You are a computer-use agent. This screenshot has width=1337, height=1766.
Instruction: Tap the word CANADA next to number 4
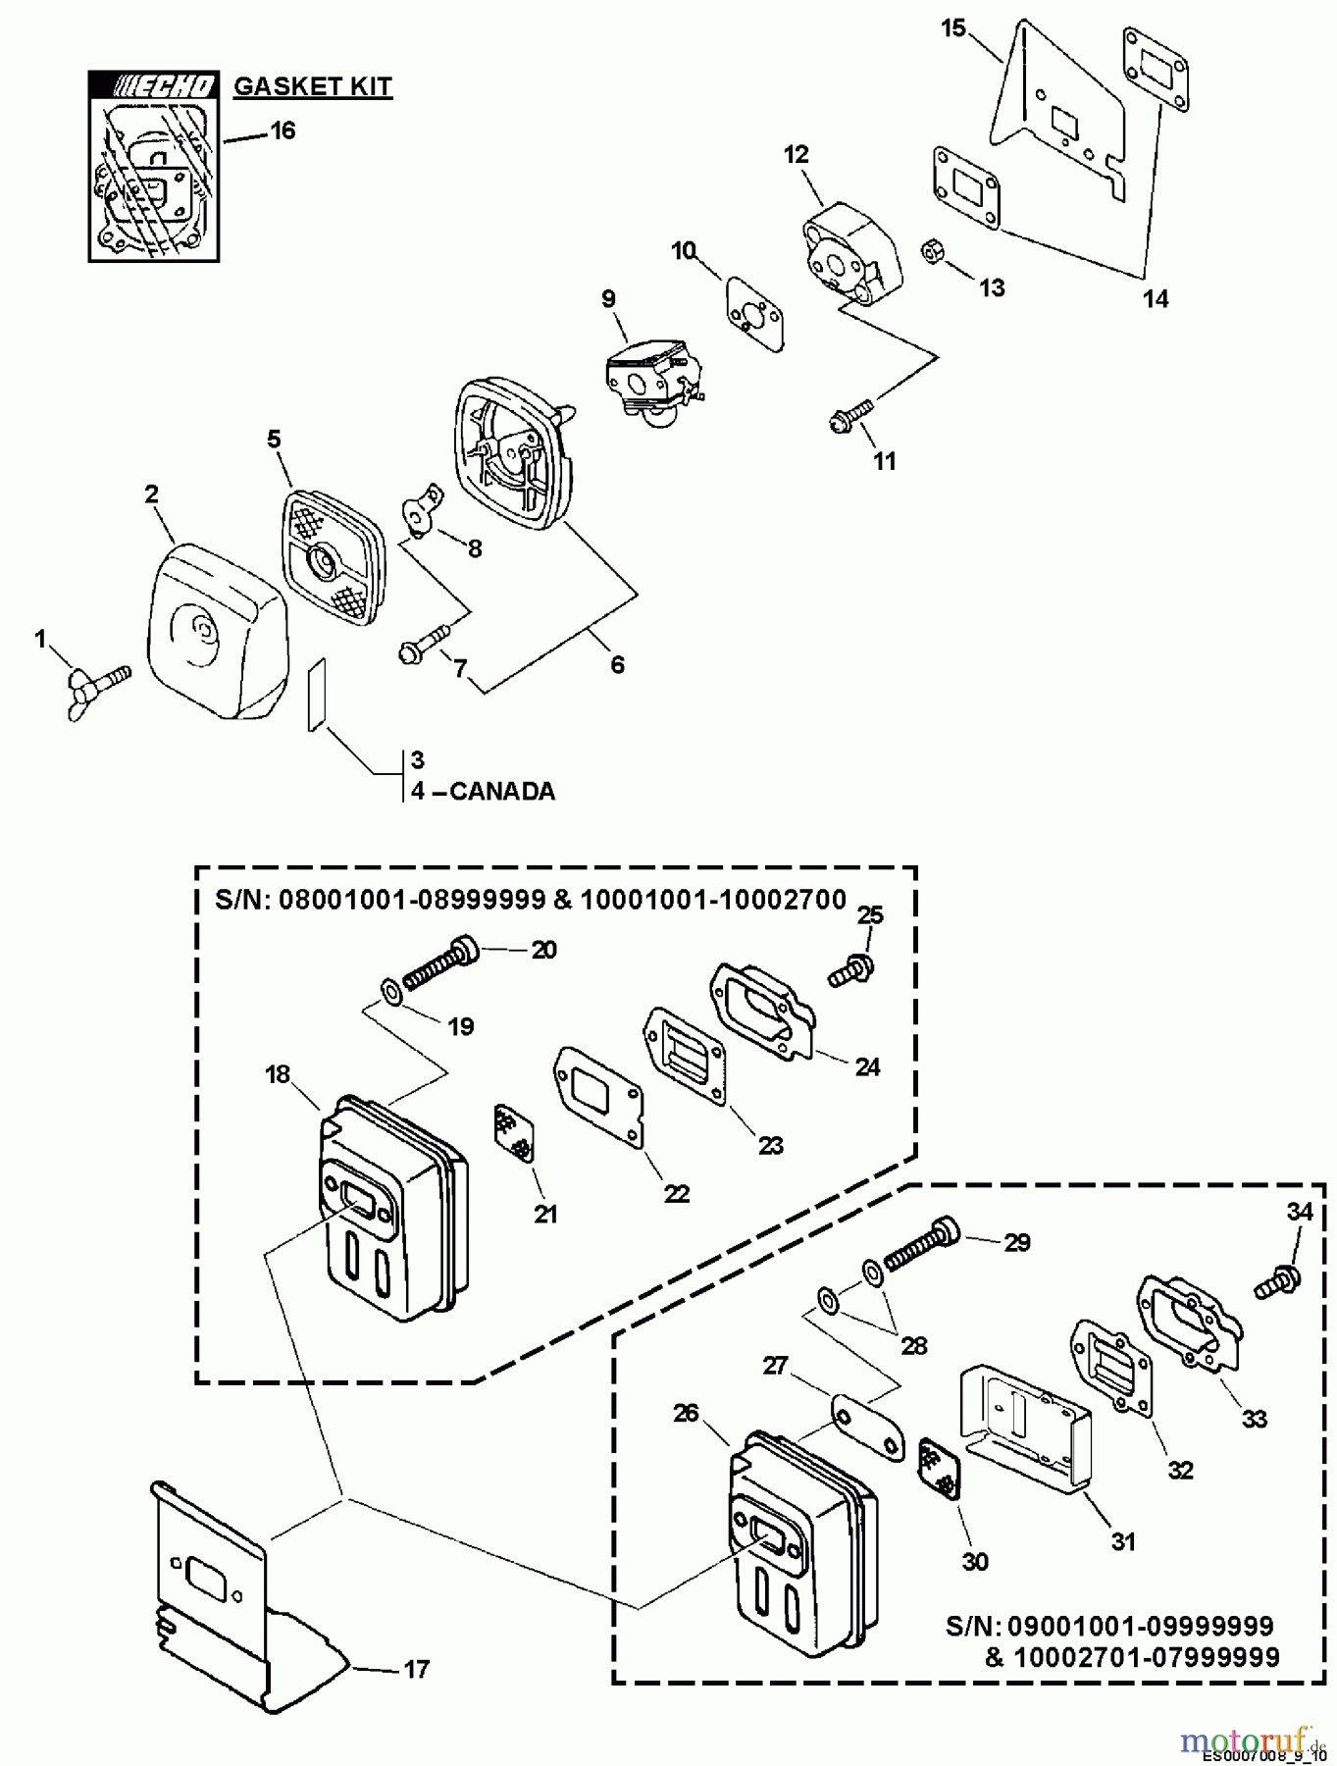[502, 791]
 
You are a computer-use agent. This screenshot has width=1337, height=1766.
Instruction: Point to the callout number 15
[953, 28]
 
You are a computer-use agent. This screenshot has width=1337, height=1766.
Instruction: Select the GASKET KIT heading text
[312, 86]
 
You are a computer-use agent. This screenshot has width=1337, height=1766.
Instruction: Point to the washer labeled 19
[391, 994]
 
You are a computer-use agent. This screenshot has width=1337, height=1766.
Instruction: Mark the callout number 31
[1122, 1541]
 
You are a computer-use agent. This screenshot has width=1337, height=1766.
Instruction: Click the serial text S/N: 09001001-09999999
[1109, 1626]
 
